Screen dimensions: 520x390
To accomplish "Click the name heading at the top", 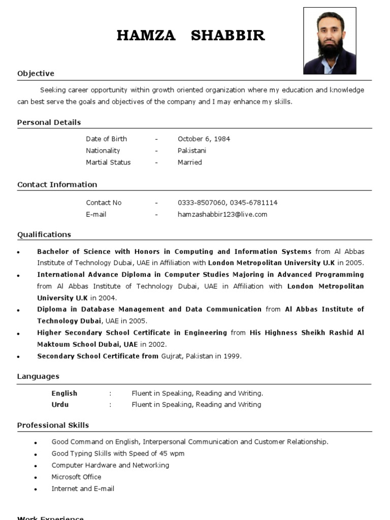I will (x=190, y=36).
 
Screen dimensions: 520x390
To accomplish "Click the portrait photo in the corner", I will (x=330, y=41).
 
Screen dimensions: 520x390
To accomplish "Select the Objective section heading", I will (x=36, y=74).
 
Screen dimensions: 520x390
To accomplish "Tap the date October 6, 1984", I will (x=204, y=139).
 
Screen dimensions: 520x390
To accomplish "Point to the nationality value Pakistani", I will (x=192, y=150).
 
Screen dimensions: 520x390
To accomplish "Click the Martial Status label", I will (x=108, y=162).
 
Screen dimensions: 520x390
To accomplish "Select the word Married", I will (x=190, y=162).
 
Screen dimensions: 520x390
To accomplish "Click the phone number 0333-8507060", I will (x=199, y=203).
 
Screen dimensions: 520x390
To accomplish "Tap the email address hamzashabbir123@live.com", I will (x=222, y=214).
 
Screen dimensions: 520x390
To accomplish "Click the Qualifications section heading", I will (x=44, y=235).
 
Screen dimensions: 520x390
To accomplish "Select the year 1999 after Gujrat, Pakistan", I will (x=232, y=356).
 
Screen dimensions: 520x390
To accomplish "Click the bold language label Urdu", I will (x=60, y=405).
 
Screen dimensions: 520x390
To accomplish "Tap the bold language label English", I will (x=64, y=393).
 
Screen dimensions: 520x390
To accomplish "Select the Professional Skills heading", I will (x=53, y=425).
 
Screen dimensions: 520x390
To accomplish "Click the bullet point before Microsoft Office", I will (x=36, y=478).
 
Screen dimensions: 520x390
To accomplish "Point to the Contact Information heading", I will (x=57, y=184).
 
